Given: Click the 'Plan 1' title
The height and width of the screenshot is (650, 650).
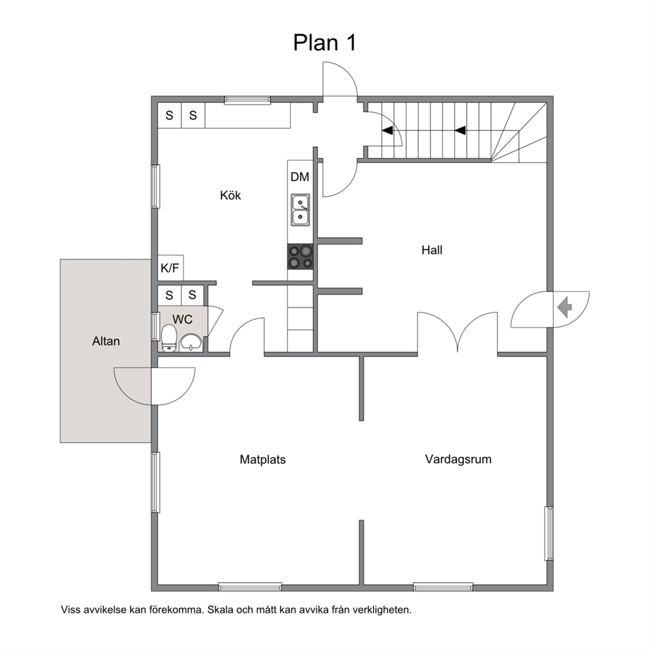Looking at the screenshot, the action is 324,43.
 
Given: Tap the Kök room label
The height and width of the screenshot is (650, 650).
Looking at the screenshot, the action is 231,195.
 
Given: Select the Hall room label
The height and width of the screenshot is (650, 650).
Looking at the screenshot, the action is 432,250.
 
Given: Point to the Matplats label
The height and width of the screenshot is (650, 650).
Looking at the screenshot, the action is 263,459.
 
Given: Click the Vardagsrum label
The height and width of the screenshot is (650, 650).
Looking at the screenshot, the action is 458,459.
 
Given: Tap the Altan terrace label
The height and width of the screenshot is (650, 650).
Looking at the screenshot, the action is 106,341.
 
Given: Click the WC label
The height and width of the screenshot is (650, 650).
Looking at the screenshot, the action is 182,319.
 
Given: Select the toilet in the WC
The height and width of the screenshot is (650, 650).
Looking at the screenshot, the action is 169,338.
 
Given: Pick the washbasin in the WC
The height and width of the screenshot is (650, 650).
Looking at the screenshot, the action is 191,343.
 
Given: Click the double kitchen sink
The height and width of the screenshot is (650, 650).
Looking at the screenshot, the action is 300,210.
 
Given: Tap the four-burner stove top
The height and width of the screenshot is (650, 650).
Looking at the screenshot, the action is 301,257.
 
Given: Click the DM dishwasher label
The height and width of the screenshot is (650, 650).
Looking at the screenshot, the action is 299,177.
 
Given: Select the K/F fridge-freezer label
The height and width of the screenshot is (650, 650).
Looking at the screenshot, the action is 170,268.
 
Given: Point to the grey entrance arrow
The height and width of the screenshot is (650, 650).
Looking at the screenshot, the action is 565,308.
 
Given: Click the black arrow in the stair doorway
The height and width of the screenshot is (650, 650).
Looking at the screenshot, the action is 387,130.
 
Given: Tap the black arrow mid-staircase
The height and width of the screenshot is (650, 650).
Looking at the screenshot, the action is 460,130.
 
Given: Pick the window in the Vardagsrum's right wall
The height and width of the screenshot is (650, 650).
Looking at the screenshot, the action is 549,533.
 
